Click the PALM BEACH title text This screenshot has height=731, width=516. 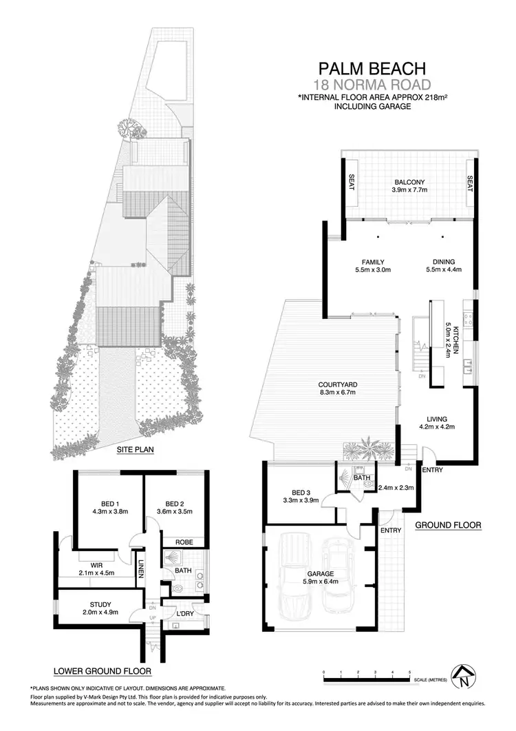pos(372,68)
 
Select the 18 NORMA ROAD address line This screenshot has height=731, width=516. pos(372,85)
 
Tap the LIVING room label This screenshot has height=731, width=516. pos(436,418)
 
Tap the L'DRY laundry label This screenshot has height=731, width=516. pos(184,612)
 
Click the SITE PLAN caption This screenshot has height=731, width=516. pos(134,451)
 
